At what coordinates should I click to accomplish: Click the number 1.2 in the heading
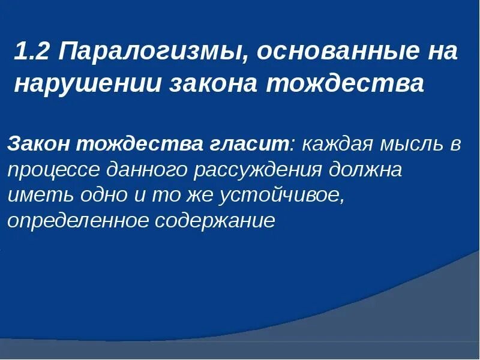(x=32, y=52)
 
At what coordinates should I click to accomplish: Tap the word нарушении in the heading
(x=88, y=84)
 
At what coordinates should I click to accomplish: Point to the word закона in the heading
(x=214, y=84)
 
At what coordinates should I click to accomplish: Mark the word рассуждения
(x=258, y=170)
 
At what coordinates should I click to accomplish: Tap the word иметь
(x=33, y=196)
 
